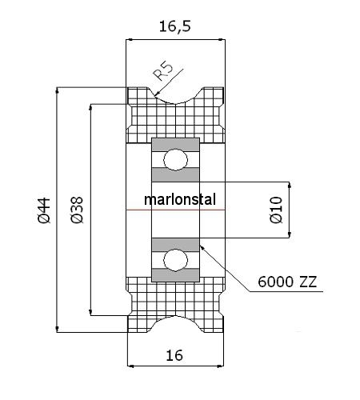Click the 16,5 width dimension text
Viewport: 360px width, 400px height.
click(x=175, y=26)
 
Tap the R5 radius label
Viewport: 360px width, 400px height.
click(x=163, y=71)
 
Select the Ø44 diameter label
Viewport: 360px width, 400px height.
click(x=44, y=210)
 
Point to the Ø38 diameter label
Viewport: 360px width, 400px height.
click(x=78, y=210)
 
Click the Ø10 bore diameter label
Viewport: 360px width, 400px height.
click(x=276, y=210)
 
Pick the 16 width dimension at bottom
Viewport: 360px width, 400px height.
click(x=174, y=355)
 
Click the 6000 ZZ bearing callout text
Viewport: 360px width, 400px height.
click(x=287, y=282)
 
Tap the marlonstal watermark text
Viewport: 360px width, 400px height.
click(x=180, y=199)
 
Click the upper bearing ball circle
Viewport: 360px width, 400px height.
click(x=175, y=160)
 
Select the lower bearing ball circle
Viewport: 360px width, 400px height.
click(x=175, y=261)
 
